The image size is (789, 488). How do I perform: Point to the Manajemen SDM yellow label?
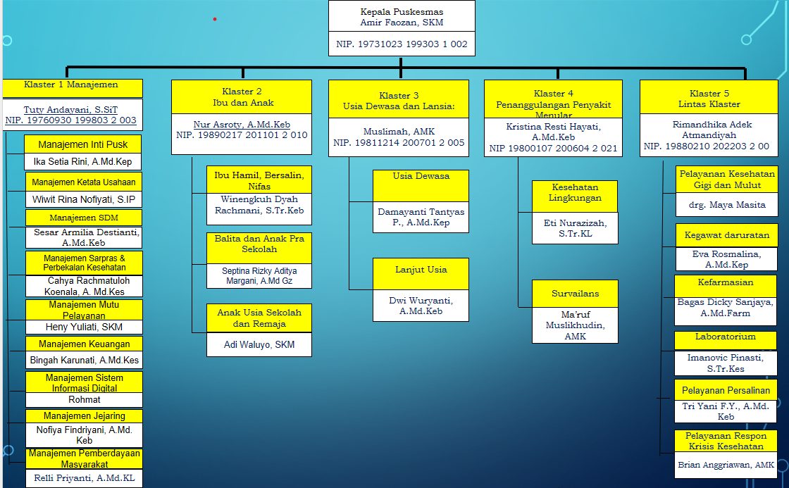(x=82, y=218)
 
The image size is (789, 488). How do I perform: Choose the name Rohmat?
(x=83, y=399)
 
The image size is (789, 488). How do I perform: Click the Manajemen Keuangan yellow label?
(x=84, y=344)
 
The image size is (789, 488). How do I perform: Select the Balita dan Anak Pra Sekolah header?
(x=259, y=244)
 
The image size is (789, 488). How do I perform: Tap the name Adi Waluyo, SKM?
(x=259, y=344)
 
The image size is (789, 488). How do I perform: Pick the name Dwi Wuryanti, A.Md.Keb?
(x=421, y=306)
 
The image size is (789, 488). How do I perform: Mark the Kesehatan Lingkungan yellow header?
(x=575, y=192)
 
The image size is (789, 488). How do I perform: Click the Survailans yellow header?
(x=575, y=292)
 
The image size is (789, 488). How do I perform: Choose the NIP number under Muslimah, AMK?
(x=399, y=143)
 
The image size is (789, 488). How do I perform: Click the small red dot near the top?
(x=215, y=20)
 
